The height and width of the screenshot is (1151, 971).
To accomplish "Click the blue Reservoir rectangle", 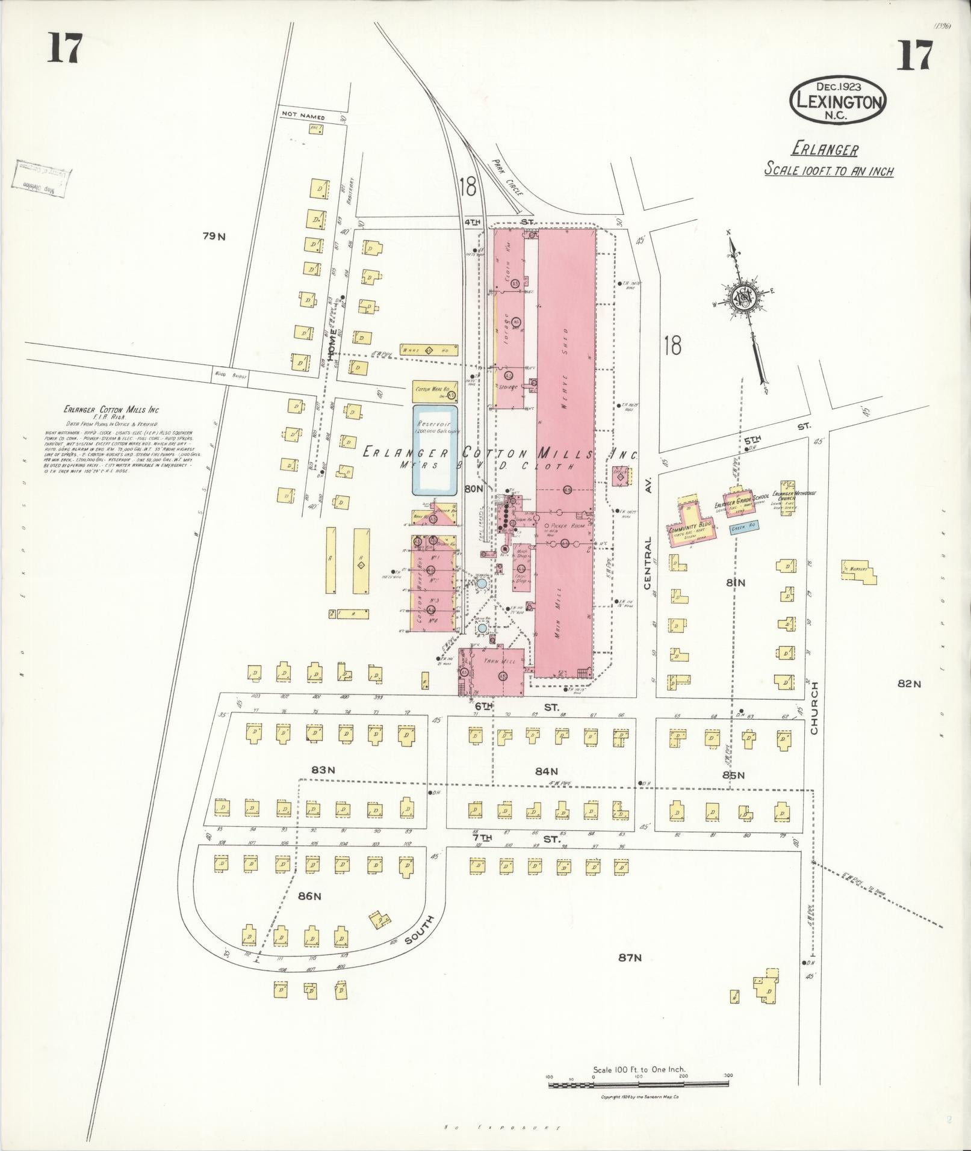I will coord(435,450).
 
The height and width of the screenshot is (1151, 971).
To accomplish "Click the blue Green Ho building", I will coord(743,526).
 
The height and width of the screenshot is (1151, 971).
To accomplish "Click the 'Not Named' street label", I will coord(303,117).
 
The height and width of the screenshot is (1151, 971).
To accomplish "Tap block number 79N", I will coord(214,236).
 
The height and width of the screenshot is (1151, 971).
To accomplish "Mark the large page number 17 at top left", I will coord(64,49).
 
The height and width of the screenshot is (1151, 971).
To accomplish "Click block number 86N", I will coord(309,896).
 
